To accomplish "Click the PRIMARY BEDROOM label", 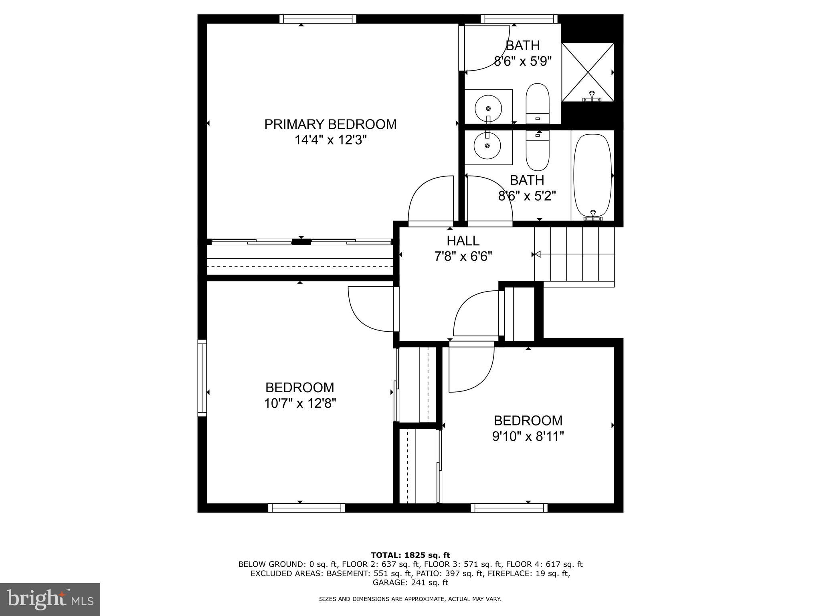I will (330, 124).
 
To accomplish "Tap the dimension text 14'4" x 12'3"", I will (330, 140).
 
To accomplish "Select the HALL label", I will (463, 241).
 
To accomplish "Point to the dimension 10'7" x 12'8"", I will (300, 403).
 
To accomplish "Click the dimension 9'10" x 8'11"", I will (528, 436).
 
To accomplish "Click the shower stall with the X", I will (588, 72).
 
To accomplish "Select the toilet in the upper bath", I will (537, 103).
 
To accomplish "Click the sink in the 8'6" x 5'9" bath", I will (488, 107).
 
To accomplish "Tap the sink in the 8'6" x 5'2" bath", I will (487, 146).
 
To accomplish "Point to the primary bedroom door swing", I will (430, 200).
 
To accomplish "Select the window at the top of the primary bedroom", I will (317, 19).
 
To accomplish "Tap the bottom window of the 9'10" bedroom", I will (509, 508).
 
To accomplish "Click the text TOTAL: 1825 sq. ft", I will (410, 555).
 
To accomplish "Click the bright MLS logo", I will (50, 599).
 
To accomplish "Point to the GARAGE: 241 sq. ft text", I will (410, 583).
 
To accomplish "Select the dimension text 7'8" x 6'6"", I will (463, 256).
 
